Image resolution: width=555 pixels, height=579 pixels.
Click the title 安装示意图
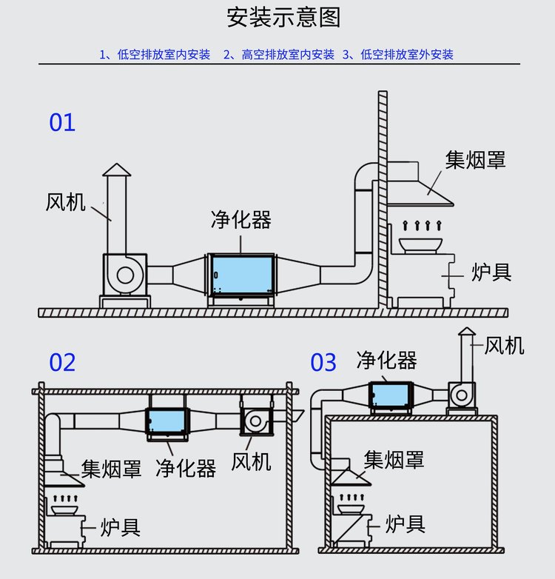tap(283, 18)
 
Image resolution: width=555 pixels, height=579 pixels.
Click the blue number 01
tap(62, 122)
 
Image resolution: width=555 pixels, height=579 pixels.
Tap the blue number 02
tap(62, 363)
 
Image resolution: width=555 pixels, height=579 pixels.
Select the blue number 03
tap(323, 363)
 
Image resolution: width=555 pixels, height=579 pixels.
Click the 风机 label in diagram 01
tap(66, 202)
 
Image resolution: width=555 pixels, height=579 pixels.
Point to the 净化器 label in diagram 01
tap(240, 220)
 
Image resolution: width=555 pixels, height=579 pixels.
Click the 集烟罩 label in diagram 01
tap(476, 159)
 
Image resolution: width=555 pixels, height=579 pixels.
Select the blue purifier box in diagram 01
tap(241, 275)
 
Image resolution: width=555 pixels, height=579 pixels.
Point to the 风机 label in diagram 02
tap(251, 463)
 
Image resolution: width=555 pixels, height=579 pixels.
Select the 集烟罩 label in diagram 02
tap(111, 469)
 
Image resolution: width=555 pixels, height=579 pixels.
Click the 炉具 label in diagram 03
tap(406, 525)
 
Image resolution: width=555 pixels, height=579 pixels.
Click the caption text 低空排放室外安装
tap(406, 54)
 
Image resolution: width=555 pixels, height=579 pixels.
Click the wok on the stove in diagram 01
tap(420, 244)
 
